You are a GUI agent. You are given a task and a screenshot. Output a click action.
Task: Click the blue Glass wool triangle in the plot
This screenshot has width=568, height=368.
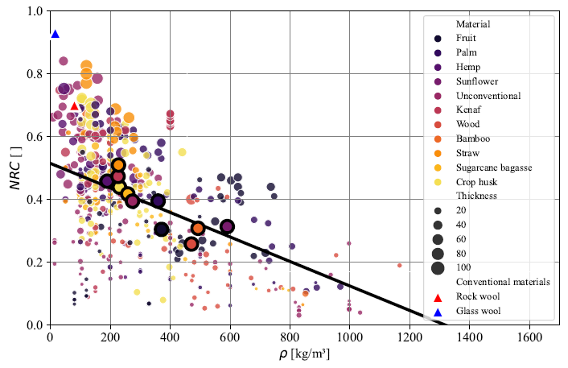(x=55, y=34)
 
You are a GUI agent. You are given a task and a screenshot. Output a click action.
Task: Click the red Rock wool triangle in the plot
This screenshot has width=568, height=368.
(x=74, y=105)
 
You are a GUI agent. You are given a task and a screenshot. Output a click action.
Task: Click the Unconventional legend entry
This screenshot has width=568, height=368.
(x=487, y=96)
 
